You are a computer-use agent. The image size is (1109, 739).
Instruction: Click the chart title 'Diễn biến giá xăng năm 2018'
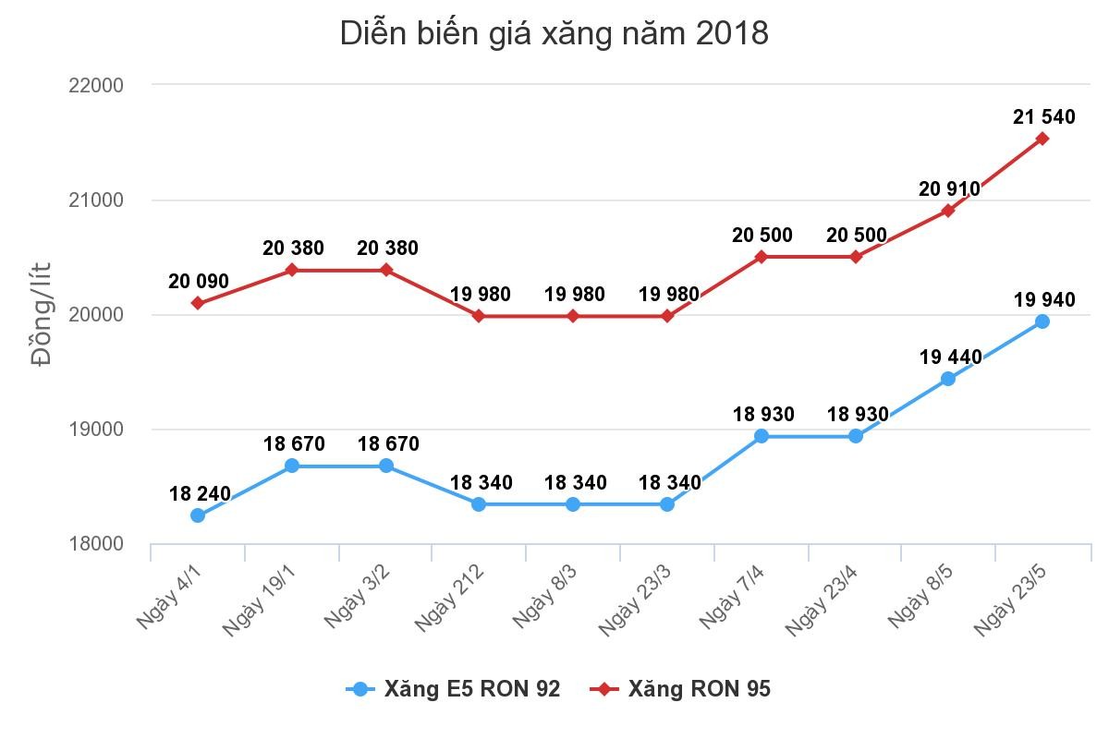click(x=554, y=33)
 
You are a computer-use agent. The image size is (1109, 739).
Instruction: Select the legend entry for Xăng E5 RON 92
click(x=454, y=689)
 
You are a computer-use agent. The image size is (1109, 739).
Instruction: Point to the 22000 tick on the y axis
click(x=96, y=85)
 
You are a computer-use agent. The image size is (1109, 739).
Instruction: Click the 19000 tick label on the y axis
click(x=96, y=430)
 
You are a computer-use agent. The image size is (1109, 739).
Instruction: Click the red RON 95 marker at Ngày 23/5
click(x=1042, y=139)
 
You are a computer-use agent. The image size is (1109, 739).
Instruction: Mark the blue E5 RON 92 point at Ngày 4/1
click(x=198, y=515)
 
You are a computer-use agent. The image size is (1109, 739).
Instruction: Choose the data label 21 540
click(x=1044, y=117)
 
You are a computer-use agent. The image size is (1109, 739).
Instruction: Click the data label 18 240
click(x=200, y=494)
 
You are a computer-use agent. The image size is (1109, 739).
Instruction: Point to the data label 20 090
click(x=199, y=282)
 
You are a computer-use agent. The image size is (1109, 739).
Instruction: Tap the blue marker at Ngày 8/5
click(x=947, y=379)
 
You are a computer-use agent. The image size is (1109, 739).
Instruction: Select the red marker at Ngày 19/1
click(x=292, y=270)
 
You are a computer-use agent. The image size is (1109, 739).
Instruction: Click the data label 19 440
click(x=951, y=357)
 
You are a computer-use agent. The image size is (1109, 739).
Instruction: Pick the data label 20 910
click(x=949, y=189)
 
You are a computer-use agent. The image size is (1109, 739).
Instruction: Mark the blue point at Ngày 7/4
click(x=762, y=436)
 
